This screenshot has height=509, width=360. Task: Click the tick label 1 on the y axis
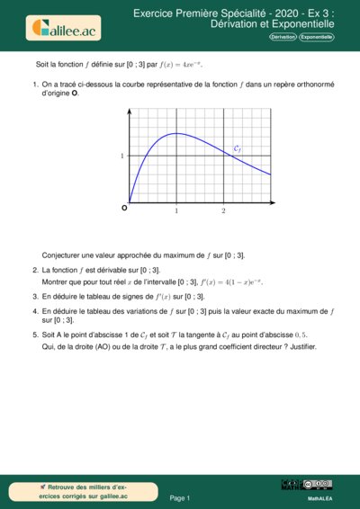point(121,156)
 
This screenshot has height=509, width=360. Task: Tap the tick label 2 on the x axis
point(223,210)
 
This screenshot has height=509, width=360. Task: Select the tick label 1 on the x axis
point(176,210)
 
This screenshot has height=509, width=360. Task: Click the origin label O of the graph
point(124,209)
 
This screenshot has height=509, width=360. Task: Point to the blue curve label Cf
point(237,148)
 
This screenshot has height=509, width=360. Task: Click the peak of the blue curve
point(176,134)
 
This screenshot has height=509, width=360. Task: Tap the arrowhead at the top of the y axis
point(130,112)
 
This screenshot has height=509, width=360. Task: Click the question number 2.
point(34,270)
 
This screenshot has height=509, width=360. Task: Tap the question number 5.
point(34,333)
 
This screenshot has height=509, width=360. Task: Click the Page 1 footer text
point(180,497)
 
